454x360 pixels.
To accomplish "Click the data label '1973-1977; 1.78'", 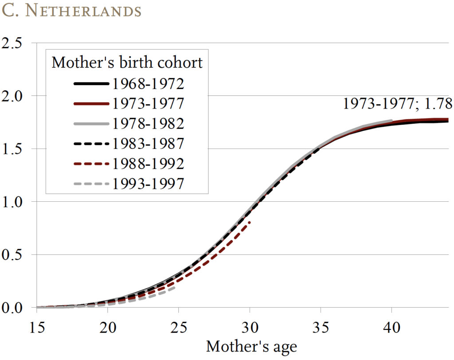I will tap(397, 103).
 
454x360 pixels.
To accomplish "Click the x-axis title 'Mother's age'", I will tap(251, 346).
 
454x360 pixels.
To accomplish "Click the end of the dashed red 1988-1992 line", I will tap(250, 221).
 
